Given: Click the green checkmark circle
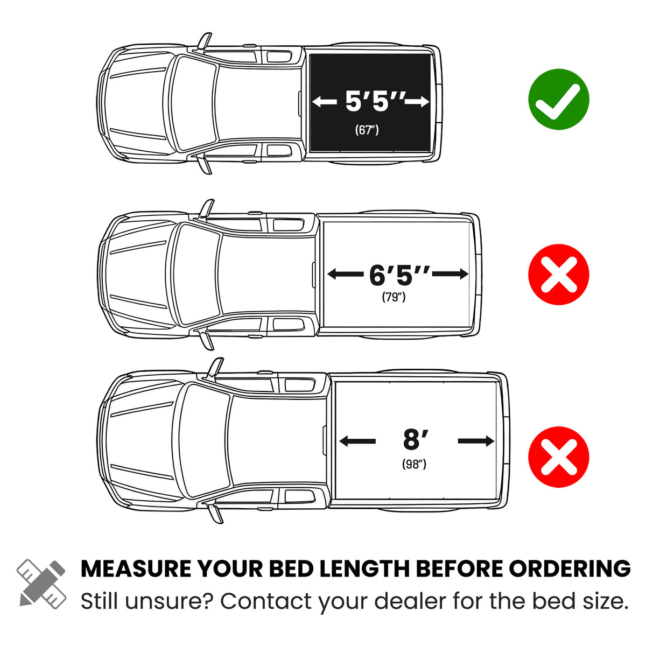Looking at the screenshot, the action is tap(558, 99).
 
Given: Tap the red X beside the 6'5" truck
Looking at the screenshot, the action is tap(558, 274).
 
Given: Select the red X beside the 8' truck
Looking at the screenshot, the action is tap(558, 457).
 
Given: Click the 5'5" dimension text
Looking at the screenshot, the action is tap(375, 101).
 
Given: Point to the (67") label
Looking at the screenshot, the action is tap(367, 130).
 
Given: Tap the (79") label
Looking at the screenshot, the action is tap(394, 297).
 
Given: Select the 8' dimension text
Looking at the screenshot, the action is tap(416, 439).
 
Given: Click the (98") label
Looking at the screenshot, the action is tap(414, 464).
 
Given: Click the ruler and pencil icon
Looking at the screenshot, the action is tap(41, 589).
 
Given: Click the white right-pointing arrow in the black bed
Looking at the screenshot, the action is tap(417, 102).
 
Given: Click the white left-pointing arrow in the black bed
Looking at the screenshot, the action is tap(325, 102).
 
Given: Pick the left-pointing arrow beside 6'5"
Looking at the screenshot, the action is tap(345, 274).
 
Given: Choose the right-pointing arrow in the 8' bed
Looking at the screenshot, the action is tap(476, 441).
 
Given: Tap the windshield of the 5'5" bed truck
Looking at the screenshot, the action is tap(194, 103).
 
